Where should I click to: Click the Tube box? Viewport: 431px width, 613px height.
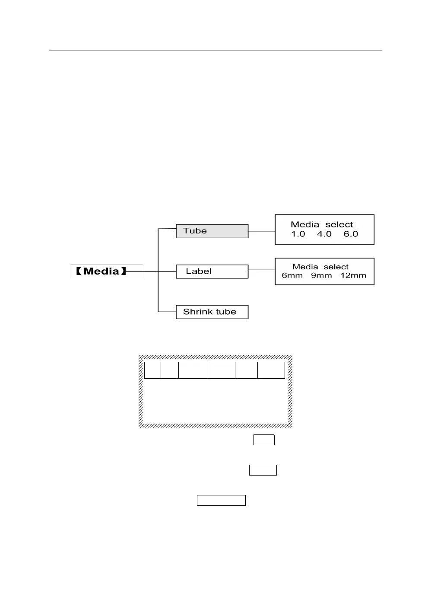point(212,231)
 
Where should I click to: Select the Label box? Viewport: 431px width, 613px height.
point(212,271)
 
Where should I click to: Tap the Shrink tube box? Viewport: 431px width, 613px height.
point(212,312)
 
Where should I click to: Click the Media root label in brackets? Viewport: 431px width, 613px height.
point(101,271)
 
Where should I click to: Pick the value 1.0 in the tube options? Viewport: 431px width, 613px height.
point(298,234)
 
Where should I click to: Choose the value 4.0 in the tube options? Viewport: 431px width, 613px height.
point(324,234)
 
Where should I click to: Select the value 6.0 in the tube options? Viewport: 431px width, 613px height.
point(351,234)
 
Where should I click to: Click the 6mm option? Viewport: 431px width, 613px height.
point(292,276)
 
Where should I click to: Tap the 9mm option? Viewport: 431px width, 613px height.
point(321,276)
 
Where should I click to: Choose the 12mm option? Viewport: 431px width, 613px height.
point(353,276)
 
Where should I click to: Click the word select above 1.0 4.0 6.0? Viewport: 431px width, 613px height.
point(339,224)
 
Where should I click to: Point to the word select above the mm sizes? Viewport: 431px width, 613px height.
point(336,267)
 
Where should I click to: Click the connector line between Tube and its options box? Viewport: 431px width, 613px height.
point(262,231)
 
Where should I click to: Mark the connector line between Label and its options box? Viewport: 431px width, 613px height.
point(262,270)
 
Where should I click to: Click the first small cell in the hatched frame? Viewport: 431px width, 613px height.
point(152,370)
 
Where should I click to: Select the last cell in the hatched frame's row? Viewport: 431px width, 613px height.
point(271,370)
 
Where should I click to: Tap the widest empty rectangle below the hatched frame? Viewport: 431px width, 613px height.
point(221,500)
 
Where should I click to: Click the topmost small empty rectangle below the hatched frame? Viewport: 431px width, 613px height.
point(264,440)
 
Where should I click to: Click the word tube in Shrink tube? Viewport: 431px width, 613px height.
point(226,312)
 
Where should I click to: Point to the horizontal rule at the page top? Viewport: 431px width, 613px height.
point(215,51)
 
